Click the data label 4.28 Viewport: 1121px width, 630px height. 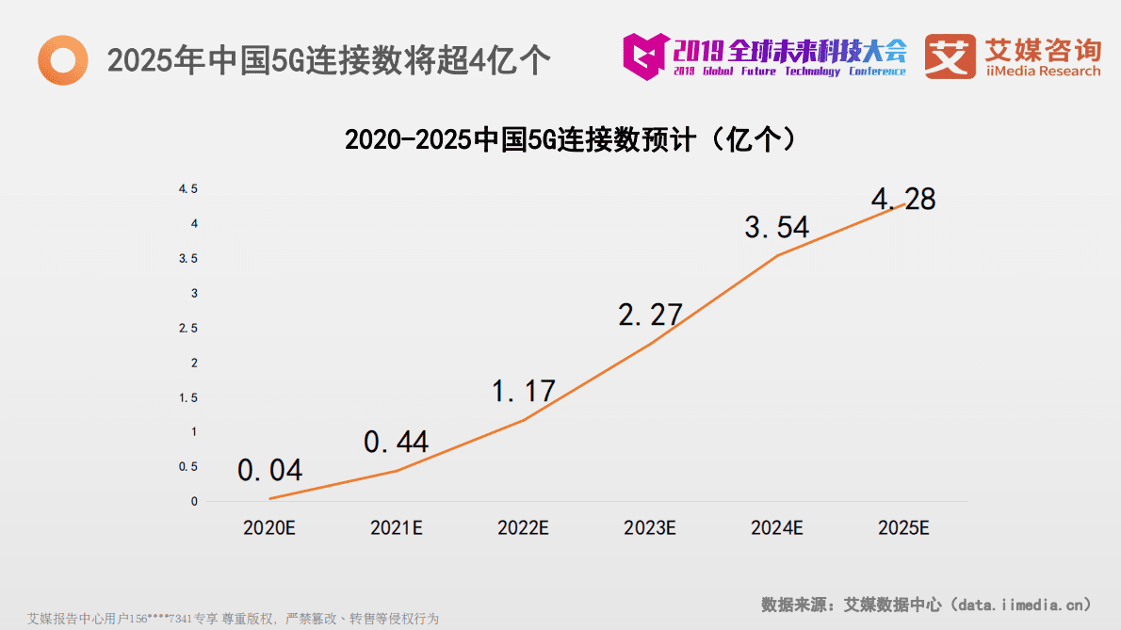coord(903,200)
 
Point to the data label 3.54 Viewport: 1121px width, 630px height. coord(776,228)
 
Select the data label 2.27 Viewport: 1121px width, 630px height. coord(650,315)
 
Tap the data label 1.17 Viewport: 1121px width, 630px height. coord(524,391)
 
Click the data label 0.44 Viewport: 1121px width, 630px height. coord(397,442)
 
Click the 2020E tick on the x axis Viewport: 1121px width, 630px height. coord(269,528)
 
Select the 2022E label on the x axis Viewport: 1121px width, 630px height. coord(523,528)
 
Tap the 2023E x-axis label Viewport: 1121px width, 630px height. coord(650,528)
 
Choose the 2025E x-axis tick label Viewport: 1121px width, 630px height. coord(903,528)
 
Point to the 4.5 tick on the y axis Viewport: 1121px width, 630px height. coord(188,189)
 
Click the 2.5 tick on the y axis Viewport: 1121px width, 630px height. coord(188,328)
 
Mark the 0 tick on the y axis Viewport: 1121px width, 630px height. coord(194,501)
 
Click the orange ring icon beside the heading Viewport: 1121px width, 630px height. coord(62,59)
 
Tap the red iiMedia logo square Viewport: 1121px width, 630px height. coord(950,57)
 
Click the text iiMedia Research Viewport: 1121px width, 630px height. coord(1042,72)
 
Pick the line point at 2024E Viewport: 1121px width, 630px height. coord(777,255)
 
